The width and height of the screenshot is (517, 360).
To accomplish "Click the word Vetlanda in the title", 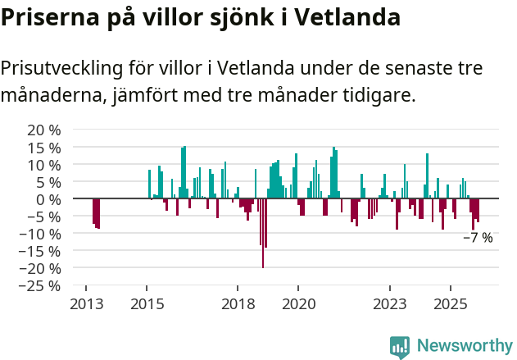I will coord(350,17).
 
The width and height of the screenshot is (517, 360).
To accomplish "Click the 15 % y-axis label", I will coord(44,148).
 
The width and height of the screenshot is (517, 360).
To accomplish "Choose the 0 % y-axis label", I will coord(49,199).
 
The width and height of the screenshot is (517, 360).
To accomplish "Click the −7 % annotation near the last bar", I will coord(478,238).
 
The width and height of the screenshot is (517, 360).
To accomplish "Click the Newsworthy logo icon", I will coord(400,346).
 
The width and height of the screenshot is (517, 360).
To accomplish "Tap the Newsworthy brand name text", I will coord(464,346).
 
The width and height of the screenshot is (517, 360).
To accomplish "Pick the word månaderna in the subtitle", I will coord(50,95).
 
